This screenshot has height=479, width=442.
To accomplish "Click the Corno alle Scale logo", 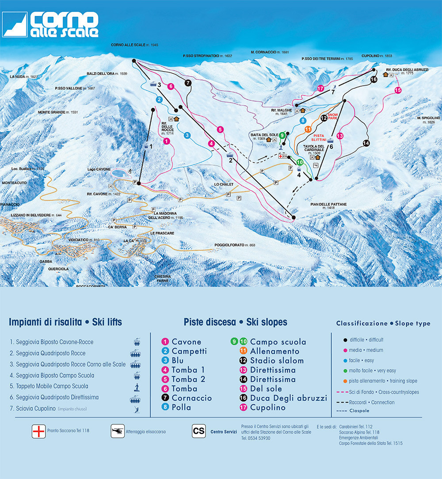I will coord(51,24).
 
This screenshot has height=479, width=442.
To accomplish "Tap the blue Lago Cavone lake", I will coord(118,173).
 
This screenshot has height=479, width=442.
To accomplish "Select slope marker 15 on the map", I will coord(398,90).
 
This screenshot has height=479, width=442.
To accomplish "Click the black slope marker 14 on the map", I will coord(366,143).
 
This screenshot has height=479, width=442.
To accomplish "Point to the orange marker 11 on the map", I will coord(308,129).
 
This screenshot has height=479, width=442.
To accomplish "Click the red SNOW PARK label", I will coord(332,116).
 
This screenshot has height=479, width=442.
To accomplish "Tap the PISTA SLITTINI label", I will coord(322,138).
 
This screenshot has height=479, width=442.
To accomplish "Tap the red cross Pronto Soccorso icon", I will coord(39,431).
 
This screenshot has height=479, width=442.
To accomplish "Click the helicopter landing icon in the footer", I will coord(117,431).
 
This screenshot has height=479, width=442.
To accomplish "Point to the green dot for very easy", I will coord(344,371).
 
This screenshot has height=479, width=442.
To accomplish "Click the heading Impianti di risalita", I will coord(45,322).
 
